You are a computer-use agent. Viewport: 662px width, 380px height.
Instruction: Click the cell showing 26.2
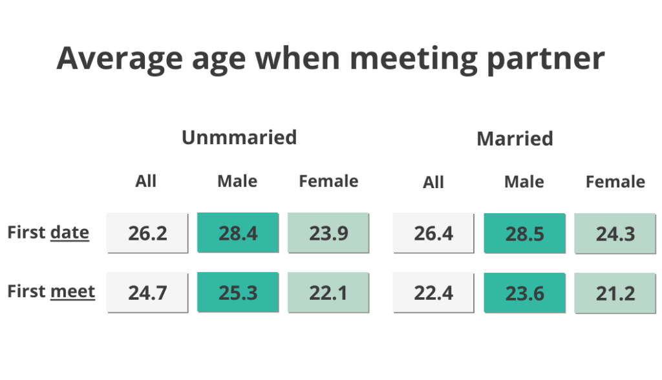coord(147,233)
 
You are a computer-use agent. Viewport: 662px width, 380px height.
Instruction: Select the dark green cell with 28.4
coord(238,233)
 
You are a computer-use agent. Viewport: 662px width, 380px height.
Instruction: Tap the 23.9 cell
coord(328,233)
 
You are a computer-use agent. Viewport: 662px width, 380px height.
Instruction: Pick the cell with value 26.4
coord(434,233)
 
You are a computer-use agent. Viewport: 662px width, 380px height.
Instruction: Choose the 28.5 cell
coord(524,233)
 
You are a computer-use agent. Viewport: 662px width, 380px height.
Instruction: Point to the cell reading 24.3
coord(615,233)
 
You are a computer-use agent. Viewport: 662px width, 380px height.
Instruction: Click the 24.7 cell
coord(147,293)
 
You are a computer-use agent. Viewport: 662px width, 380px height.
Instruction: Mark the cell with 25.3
coord(238,293)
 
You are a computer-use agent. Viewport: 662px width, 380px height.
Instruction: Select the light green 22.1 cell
coord(328,293)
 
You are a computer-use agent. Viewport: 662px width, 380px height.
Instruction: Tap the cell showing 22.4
coord(434,293)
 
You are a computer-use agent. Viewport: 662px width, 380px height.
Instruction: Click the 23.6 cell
coord(524,293)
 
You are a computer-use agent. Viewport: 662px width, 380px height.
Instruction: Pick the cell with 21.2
coord(615,293)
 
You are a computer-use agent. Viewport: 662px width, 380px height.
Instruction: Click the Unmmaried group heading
coord(239,138)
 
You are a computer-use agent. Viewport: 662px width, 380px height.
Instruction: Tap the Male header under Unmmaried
coord(237,182)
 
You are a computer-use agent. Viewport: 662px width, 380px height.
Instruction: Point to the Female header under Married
coord(615,182)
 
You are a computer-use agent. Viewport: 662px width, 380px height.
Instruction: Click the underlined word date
coord(69,233)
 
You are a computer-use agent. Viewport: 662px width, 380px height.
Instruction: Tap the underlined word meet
coord(72,291)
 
